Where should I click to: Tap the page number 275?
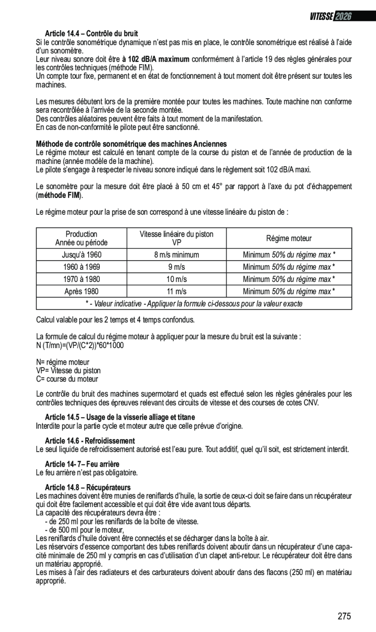point(344,616)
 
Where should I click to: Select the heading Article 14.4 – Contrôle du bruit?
point(91,34)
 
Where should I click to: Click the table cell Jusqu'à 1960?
point(82,255)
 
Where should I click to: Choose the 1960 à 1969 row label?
point(82,267)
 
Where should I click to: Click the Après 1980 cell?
point(82,292)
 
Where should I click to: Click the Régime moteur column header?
point(288,238)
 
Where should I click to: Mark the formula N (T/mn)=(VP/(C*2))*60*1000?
point(80,345)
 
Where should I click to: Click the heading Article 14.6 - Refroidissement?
point(90,441)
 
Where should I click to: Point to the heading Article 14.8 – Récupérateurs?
point(88,487)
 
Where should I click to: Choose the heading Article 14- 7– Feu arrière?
point(82,464)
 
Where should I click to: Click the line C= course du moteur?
point(67,379)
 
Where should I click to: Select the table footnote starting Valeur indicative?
point(194,304)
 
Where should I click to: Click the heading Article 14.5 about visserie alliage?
point(120,417)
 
